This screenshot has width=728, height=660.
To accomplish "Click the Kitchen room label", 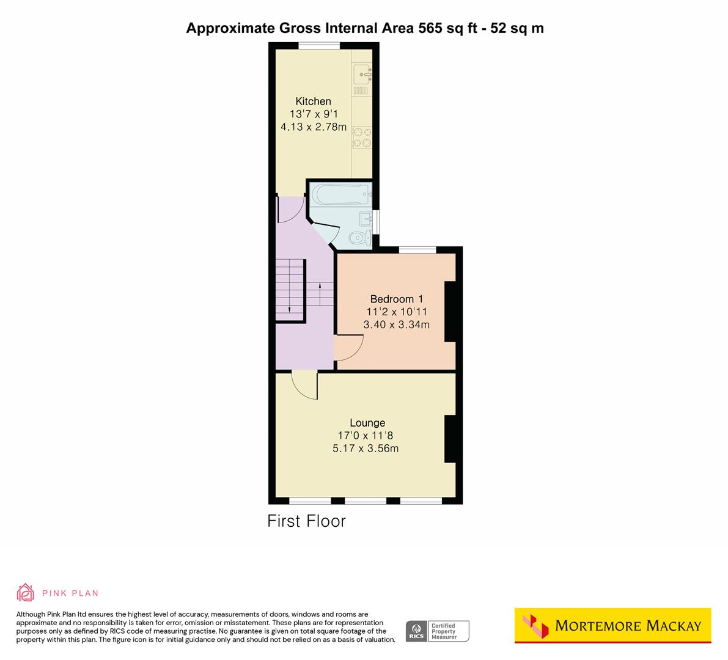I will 313,101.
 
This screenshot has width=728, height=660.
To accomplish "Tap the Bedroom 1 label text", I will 396,299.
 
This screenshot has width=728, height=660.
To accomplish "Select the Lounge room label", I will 367,423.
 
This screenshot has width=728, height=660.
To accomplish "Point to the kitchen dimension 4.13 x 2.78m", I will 313,127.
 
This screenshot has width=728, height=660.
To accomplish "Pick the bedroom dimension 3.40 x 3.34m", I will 396,324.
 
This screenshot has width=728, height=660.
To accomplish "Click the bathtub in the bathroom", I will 340,196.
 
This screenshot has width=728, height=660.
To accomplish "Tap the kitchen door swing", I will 290,210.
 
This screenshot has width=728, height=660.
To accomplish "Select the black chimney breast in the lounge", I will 450,439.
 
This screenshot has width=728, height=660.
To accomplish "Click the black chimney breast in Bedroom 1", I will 450,311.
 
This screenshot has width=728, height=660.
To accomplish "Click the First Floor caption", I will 306,521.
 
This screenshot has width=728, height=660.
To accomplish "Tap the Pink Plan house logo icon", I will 25,592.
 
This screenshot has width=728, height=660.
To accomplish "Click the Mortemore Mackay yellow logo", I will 612,625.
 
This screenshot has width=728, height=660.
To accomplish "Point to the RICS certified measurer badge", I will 438,631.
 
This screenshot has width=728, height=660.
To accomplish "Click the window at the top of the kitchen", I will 319,45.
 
